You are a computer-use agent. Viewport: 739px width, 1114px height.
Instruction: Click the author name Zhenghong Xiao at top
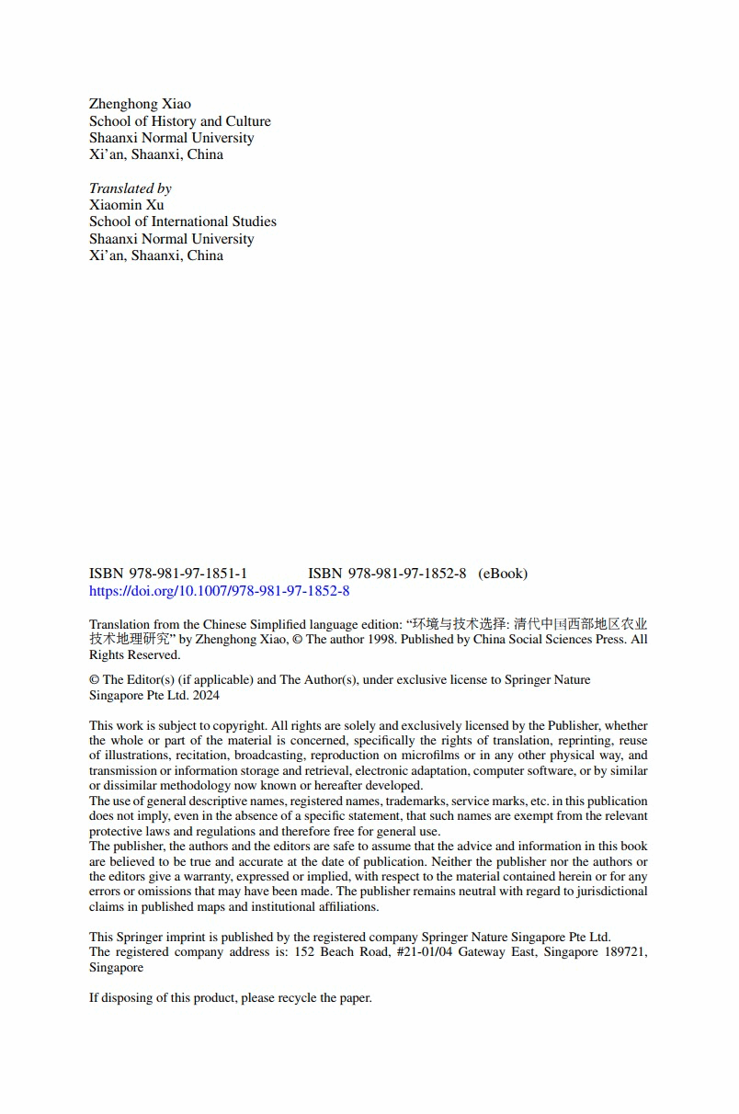pos(140,104)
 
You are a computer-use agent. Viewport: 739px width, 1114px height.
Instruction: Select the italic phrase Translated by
pos(130,188)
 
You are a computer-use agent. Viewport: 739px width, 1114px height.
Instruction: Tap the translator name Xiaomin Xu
pos(126,205)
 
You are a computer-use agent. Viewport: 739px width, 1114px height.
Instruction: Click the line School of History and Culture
pos(179,121)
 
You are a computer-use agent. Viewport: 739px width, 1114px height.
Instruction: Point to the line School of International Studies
pos(182,222)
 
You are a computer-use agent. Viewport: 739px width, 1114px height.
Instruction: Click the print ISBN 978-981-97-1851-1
pos(168,574)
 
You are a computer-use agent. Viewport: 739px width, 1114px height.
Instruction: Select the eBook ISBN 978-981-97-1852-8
pos(387,574)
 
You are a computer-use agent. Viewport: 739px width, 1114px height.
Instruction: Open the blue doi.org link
pos(219,591)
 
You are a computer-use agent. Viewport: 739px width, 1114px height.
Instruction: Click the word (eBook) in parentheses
pos(503,574)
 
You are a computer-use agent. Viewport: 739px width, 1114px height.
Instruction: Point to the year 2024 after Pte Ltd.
pos(206,696)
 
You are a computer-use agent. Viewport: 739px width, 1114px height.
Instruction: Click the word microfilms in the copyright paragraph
pos(428,756)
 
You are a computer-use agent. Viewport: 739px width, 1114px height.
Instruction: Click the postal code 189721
pos(622,952)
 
